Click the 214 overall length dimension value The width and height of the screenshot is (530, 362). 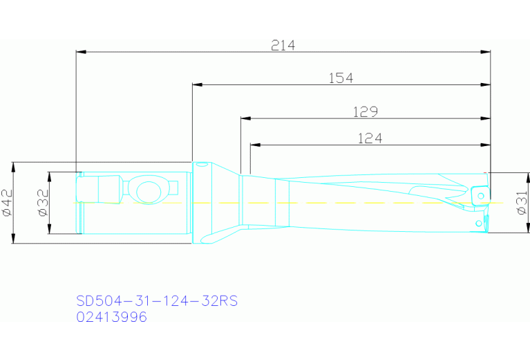pos(283,45)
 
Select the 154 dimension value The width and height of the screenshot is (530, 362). pos(340,78)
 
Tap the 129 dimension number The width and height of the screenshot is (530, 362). pos(365,111)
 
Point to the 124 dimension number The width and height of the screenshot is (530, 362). pos(370,138)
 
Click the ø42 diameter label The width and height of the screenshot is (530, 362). pos(8,203)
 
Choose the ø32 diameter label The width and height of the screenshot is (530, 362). pos(42,203)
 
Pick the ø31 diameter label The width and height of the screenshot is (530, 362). pos(522,203)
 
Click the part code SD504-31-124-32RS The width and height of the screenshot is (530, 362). pos(157,301)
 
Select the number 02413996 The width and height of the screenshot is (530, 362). pos(111,317)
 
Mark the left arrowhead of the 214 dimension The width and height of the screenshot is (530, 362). pos(80,52)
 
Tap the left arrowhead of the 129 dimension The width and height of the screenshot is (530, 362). pos(245,118)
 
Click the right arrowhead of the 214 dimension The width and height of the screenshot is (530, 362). pos(486,52)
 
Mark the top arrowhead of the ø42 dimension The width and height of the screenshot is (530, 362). pos(13,166)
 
